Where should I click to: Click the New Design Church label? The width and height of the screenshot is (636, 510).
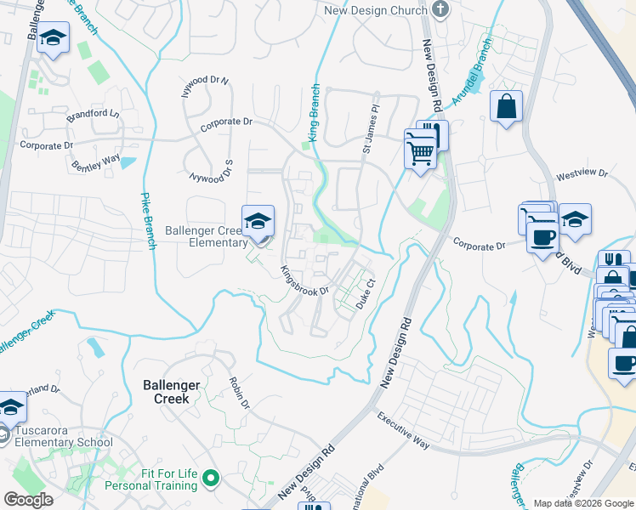tap(375, 9)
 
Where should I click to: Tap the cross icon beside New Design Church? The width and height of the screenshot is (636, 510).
tap(440, 9)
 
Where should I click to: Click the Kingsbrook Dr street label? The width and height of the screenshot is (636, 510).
tap(304, 281)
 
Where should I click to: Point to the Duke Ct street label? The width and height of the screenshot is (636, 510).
tap(366, 295)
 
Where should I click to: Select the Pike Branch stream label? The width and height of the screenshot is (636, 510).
tap(145, 219)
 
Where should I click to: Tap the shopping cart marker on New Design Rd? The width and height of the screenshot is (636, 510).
tap(418, 153)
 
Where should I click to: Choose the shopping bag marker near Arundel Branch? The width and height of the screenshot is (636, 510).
tap(506, 108)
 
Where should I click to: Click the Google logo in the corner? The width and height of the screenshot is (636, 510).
tap(29, 499)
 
